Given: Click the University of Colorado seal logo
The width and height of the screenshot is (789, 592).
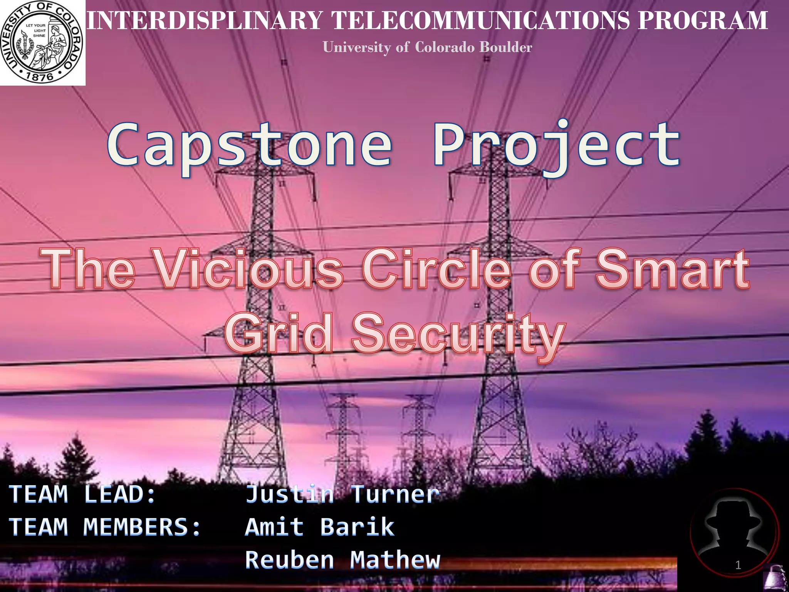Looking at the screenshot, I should (x=42, y=42).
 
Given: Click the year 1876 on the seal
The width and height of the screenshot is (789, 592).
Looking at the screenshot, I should (x=40, y=76).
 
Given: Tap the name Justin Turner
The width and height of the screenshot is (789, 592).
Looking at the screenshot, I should (x=342, y=494).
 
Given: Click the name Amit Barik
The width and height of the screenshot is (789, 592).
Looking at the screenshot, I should (x=320, y=527).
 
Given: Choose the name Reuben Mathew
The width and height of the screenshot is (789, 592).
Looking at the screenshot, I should (x=342, y=560).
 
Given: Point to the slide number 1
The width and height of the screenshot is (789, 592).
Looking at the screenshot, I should (x=738, y=565).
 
